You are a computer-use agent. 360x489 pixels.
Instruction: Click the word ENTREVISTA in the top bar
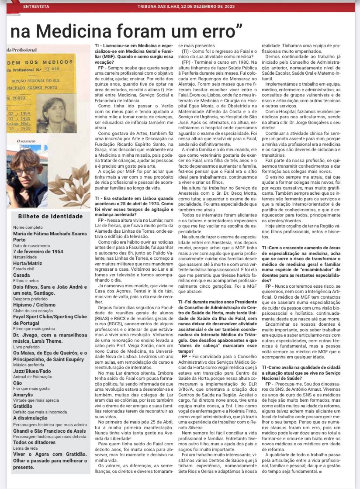(36, 7)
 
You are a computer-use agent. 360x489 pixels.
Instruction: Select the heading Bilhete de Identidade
(50, 216)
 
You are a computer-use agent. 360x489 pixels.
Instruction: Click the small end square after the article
(321, 472)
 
